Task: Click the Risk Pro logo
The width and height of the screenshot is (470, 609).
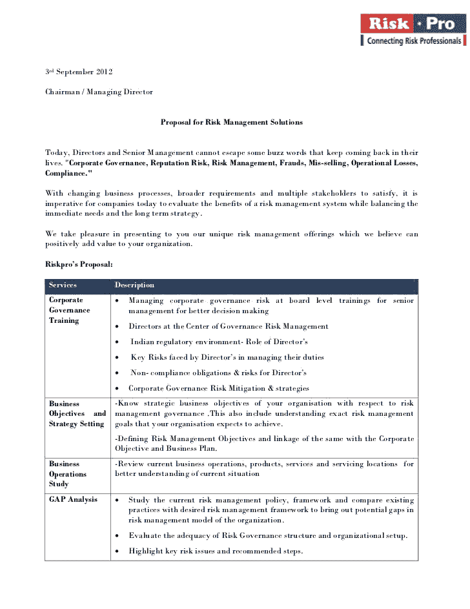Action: [413, 24]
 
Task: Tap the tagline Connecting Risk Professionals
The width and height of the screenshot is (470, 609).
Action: [414, 41]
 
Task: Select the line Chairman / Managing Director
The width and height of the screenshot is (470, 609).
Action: [99, 92]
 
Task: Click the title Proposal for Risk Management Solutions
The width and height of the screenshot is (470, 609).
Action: [231, 122]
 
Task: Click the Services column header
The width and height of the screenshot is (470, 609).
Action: [63, 285]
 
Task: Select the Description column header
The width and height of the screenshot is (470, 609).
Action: [134, 285]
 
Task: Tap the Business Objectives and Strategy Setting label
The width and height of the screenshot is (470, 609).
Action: [77, 413]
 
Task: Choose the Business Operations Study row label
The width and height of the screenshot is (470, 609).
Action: [68, 473]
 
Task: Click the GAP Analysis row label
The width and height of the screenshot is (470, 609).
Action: [73, 499]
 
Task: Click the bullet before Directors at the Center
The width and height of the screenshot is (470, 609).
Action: [116, 327]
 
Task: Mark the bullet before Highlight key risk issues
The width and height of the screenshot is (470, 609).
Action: [116, 552]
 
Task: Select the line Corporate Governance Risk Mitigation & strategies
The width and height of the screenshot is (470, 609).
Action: [218, 388]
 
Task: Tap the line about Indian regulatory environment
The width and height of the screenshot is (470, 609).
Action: [219, 342]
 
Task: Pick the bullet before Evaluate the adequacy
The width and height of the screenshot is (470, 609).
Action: [116, 536]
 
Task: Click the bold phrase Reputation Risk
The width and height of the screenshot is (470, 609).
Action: [179, 163]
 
